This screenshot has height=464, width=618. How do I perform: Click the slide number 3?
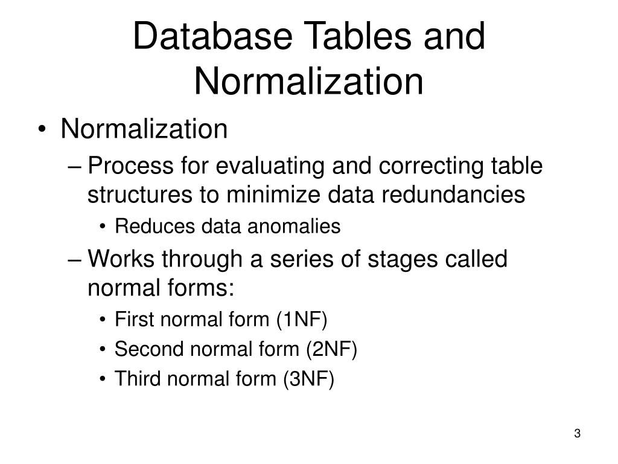[578, 434]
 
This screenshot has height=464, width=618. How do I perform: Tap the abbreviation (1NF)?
[302, 320]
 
